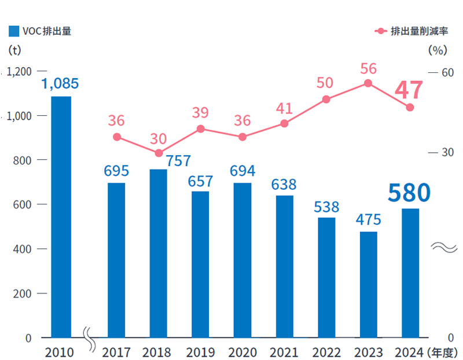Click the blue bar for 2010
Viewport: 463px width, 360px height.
pyautogui.click(x=61, y=217)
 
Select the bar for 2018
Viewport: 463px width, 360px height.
pyautogui.click(x=158, y=254)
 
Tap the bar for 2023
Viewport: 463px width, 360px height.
pyautogui.click(x=368, y=285)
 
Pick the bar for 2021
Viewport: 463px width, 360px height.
pyautogui.click(x=284, y=266)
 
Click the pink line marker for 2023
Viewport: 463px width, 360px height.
pyautogui.click(x=368, y=83)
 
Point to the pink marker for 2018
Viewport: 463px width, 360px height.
pyautogui.click(x=158, y=153)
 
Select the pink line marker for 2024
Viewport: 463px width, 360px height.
pyautogui.click(x=410, y=107)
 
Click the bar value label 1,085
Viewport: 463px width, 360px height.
pyautogui.click(x=60, y=83)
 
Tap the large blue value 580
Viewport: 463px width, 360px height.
pyautogui.click(x=409, y=193)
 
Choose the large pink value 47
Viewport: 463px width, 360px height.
pyautogui.click(x=409, y=90)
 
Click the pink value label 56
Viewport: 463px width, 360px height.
pyautogui.click(x=368, y=69)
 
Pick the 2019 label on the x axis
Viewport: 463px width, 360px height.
pyautogui.click(x=200, y=352)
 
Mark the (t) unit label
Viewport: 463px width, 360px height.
pyautogui.click(x=15, y=50)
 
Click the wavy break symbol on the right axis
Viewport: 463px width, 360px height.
pyautogui.click(x=445, y=247)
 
